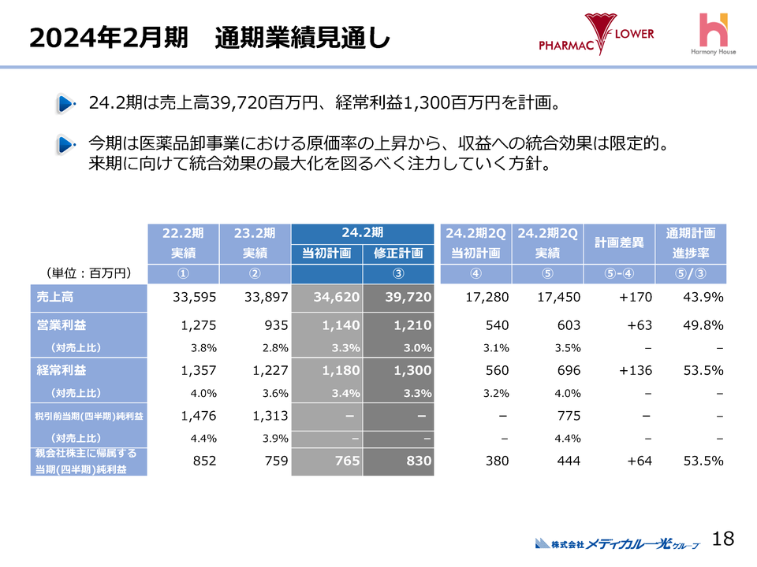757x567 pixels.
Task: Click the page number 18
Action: [x=722, y=539]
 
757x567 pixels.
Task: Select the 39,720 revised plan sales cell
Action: [x=398, y=297]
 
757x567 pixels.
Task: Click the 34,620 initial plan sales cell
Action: [x=326, y=297]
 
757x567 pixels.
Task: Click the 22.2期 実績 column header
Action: [x=183, y=243]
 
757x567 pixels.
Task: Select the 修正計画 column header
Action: [x=398, y=253]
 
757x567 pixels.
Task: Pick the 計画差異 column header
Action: [x=619, y=243]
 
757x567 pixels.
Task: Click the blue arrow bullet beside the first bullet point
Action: [x=66, y=103]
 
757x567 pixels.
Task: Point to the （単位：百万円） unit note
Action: [x=89, y=273]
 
